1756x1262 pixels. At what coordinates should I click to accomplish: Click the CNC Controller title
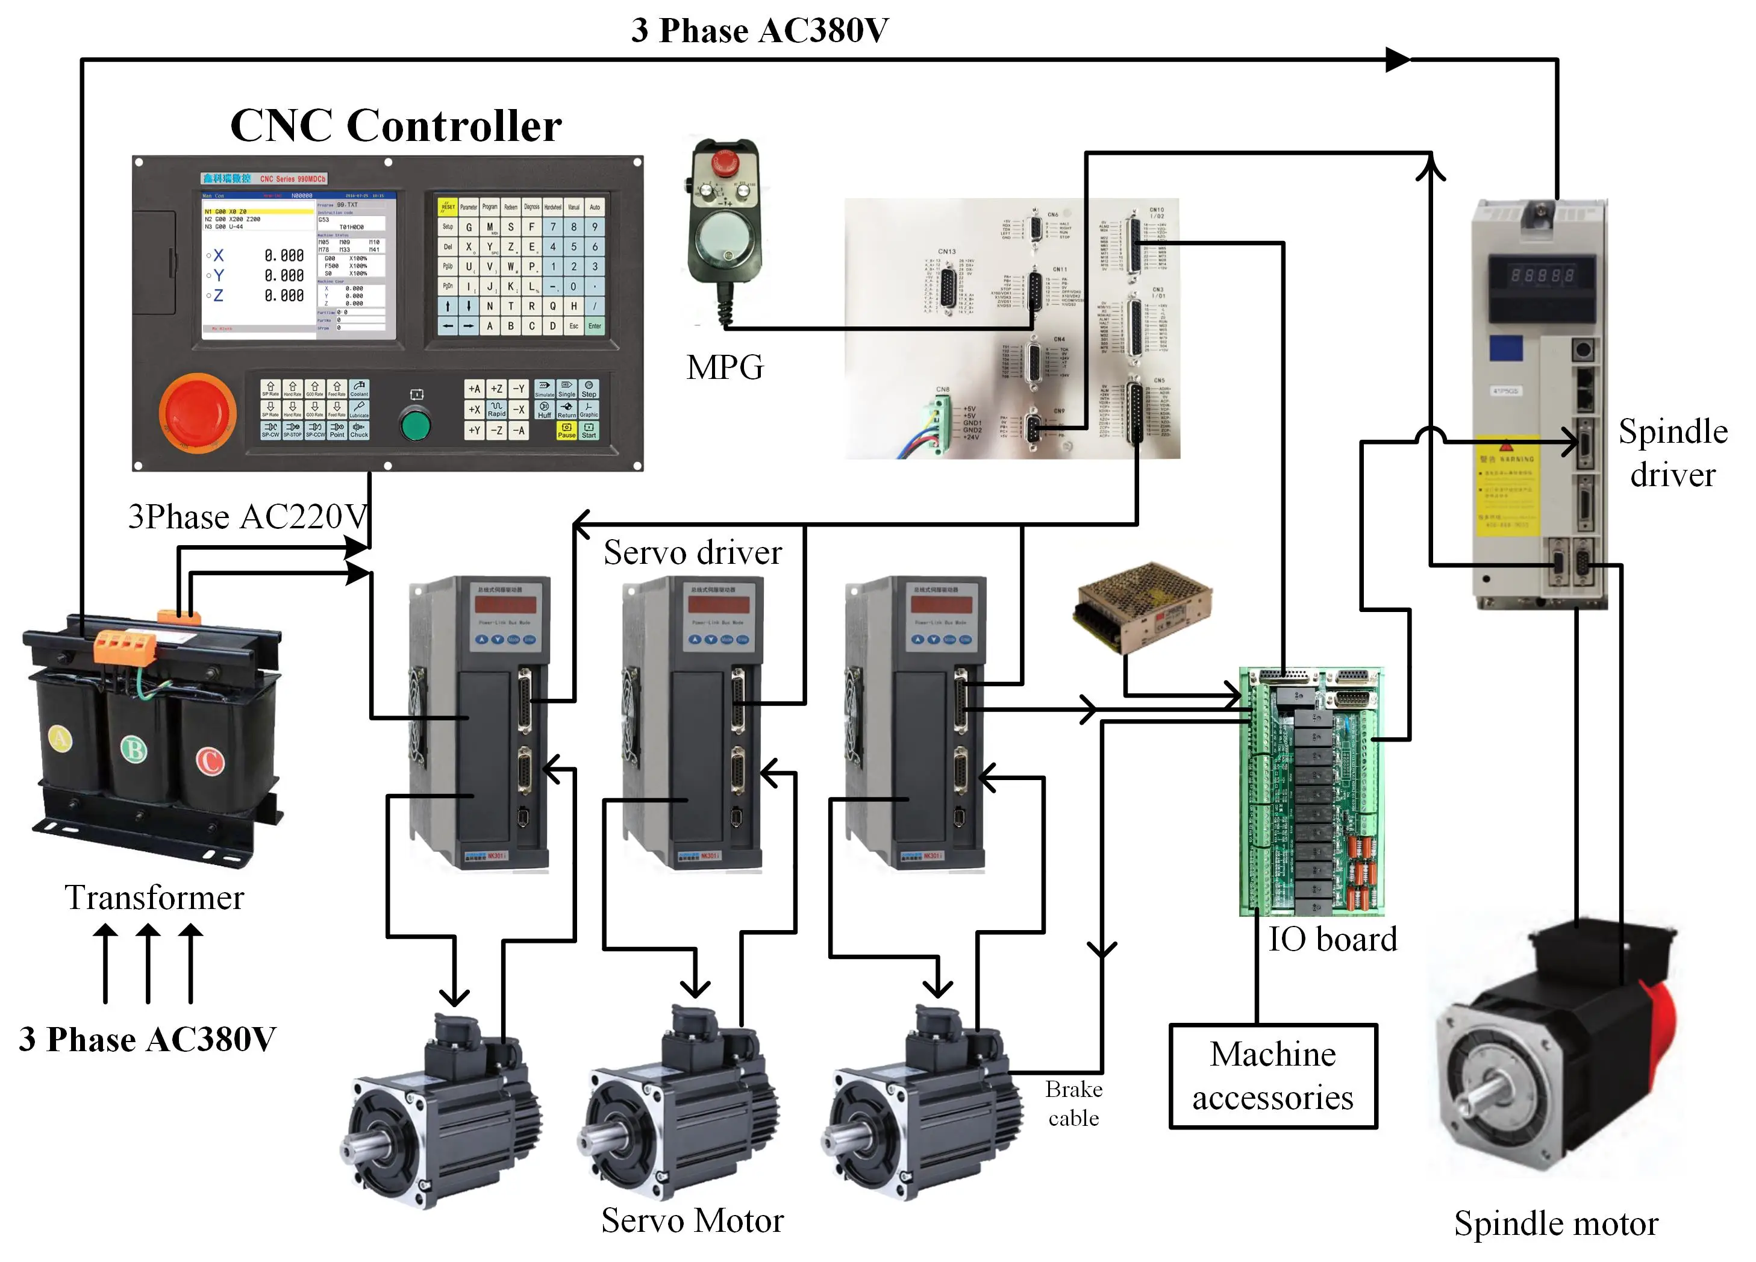396,125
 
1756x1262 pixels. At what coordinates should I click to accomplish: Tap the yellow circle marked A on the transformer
60,738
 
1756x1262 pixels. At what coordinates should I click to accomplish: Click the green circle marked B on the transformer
134,749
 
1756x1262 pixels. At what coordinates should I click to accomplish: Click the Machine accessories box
1272,1076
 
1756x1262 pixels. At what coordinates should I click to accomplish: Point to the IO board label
1332,939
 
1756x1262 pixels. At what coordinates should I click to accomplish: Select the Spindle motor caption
1555,1224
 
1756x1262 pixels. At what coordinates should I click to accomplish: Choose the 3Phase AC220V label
248,516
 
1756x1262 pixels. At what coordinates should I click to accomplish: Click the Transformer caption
154,898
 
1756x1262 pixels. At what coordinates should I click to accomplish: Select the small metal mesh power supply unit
1142,606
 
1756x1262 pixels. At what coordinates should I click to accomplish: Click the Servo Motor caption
692,1221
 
